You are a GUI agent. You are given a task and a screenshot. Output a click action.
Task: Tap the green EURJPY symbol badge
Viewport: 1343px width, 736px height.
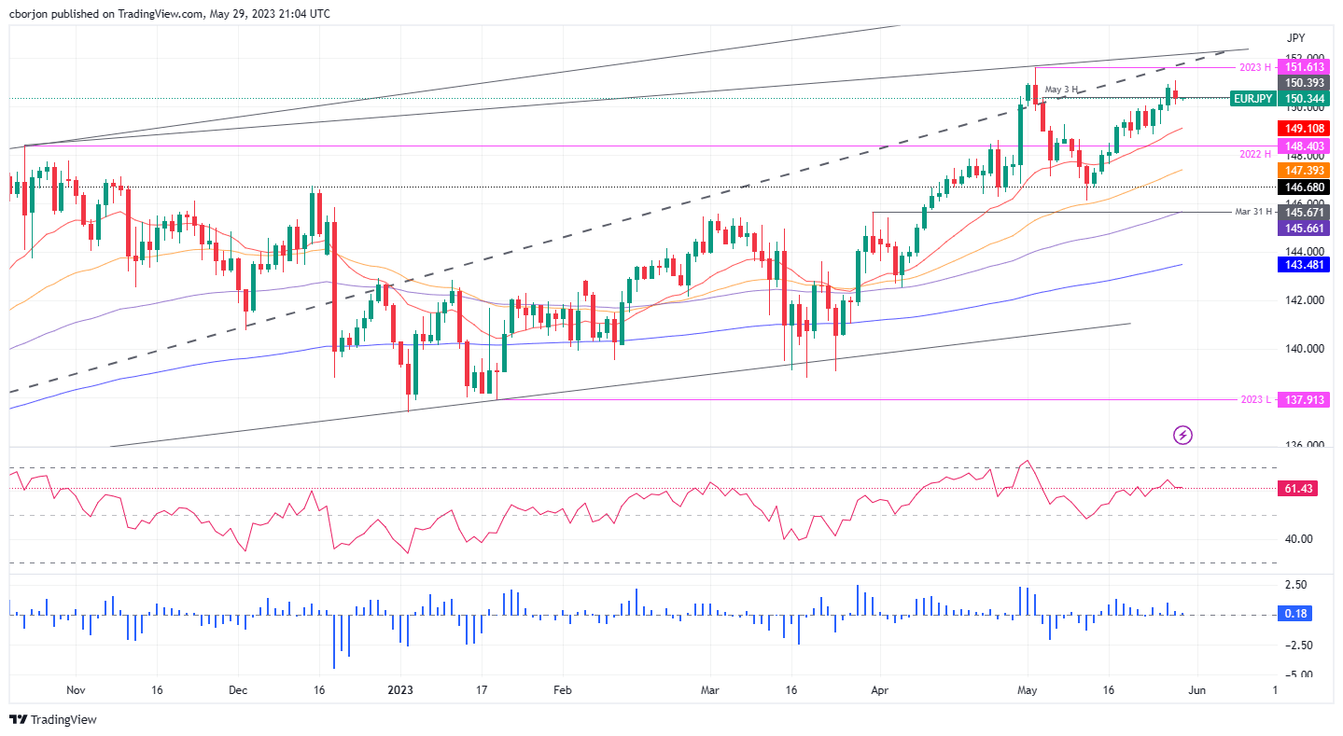(1252, 98)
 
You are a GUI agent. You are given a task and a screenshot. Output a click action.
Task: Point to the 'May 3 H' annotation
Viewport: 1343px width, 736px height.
(1061, 90)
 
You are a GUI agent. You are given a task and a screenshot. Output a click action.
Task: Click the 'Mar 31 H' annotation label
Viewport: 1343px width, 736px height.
(1254, 212)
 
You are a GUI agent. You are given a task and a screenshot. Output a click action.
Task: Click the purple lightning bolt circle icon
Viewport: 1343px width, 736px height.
(1183, 434)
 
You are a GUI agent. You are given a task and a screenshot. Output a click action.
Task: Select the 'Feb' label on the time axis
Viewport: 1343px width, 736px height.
(562, 691)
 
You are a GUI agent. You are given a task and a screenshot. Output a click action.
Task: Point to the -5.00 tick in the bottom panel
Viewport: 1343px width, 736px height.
(1297, 674)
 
